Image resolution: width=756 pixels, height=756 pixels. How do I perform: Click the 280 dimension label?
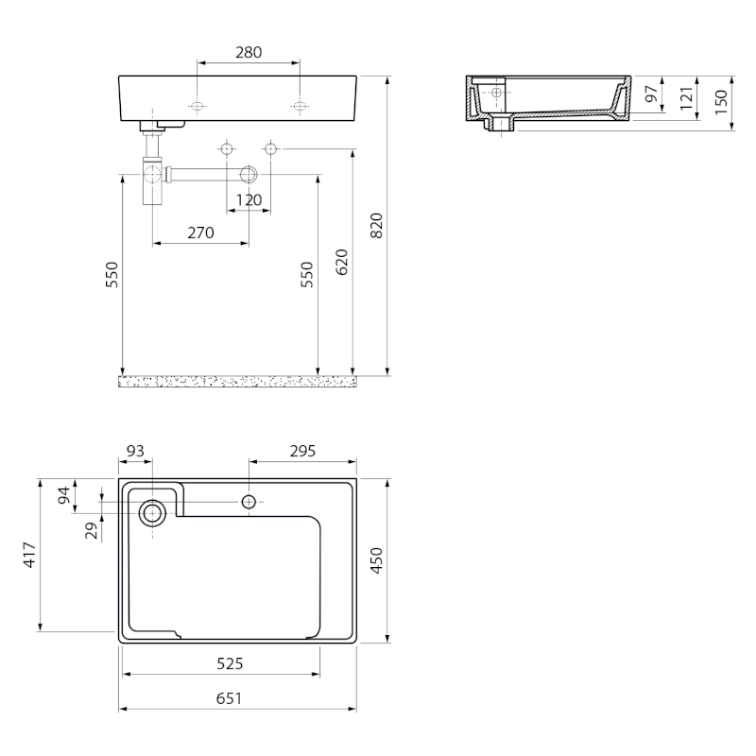[x=249, y=52]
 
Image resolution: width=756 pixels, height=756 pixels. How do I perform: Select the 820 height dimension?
[x=376, y=225]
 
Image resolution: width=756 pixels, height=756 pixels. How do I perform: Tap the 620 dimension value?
[x=341, y=263]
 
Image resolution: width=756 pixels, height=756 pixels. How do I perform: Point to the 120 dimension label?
[x=249, y=199]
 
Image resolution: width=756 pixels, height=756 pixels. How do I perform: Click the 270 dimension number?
[x=200, y=232]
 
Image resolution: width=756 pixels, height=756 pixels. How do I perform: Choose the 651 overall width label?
[x=229, y=698]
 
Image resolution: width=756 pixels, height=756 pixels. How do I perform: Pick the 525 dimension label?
[x=230, y=664]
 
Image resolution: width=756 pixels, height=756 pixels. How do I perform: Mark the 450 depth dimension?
[x=376, y=560]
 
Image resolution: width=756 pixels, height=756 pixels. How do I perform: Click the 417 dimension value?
[x=30, y=555]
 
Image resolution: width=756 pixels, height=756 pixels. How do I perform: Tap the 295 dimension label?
[x=302, y=451]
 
